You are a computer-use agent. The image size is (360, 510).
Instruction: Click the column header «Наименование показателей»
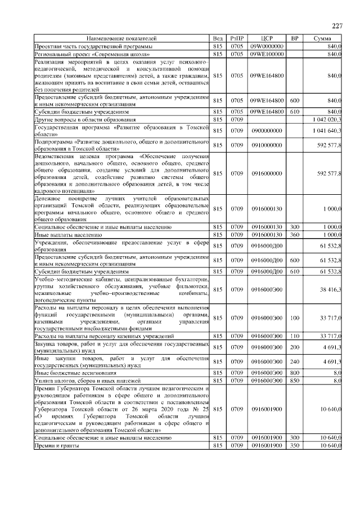pos(121,38)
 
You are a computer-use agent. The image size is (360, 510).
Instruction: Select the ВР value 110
pos(294,336)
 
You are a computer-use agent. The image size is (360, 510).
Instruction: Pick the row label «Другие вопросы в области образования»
pos(84,120)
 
